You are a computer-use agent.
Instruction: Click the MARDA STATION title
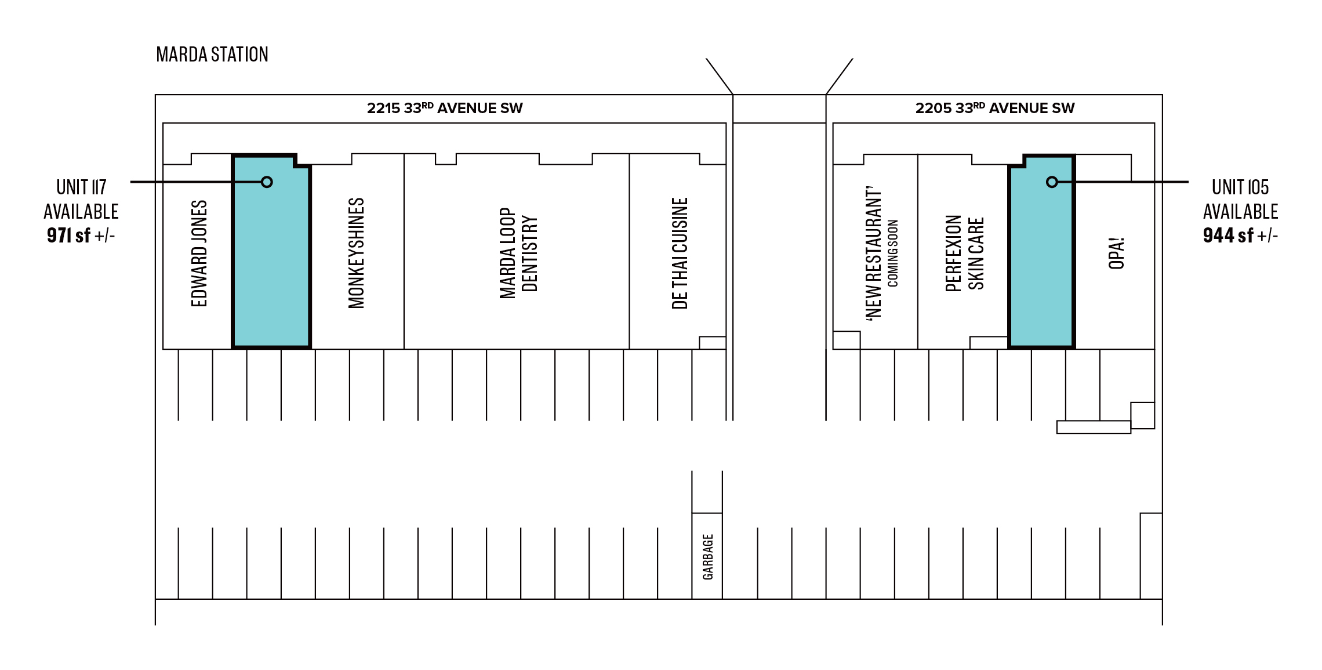coord(212,55)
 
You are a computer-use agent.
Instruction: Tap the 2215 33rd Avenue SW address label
coord(445,108)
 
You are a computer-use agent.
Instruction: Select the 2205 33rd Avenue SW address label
coord(995,108)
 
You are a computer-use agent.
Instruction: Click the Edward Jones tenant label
coord(199,253)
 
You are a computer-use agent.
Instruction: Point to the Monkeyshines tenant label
coord(356,253)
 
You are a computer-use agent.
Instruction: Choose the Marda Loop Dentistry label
coord(518,253)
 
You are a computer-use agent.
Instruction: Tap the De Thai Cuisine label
coord(680,253)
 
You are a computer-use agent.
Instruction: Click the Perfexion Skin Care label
coord(965,253)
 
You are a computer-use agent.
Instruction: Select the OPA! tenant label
coord(1116,253)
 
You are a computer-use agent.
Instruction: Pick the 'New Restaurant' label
coord(874,253)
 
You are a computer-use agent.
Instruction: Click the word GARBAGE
coord(708,557)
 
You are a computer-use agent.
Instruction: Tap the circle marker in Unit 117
coord(267,182)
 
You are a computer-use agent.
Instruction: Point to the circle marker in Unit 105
coord(1052,182)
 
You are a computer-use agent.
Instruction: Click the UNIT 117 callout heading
coord(81,187)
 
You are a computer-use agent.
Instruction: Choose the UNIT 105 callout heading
coord(1240,187)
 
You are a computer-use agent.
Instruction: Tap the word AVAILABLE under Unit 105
coord(1241,212)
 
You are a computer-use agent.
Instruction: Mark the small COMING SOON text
coord(893,253)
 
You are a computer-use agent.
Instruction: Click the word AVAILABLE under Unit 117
coord(81,212)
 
